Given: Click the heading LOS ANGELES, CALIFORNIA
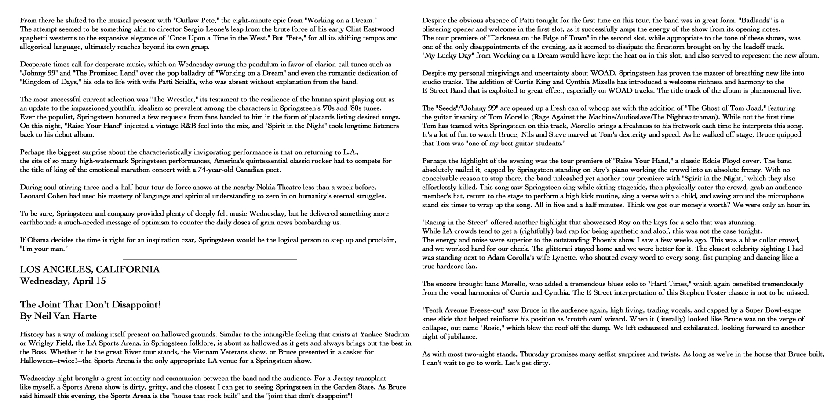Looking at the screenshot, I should [90, 269].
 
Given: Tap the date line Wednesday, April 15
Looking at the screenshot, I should [63, 281].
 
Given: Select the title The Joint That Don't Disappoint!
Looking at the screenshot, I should [91, 304].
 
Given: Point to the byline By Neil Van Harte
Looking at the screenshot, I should [58, 316].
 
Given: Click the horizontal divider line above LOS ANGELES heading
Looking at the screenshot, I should [210, 260].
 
